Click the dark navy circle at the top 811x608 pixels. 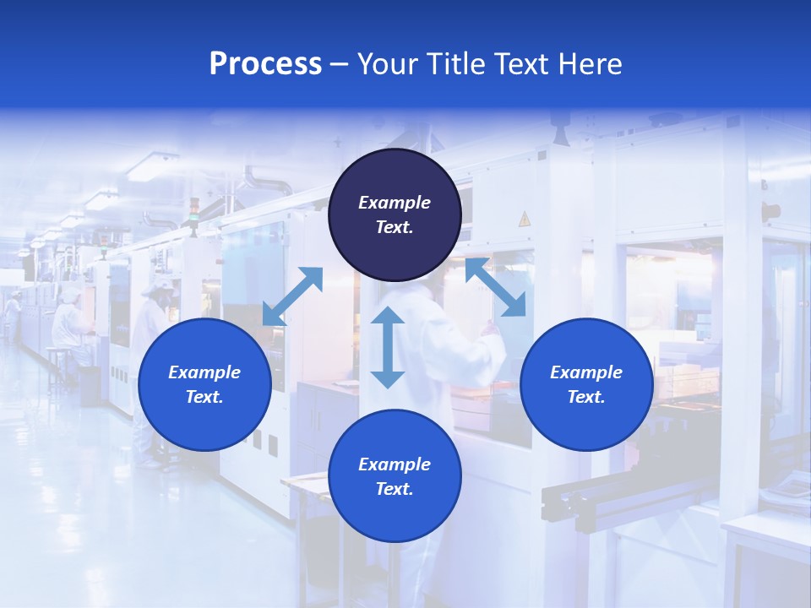coord(395,215)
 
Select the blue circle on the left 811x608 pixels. coord(204,384)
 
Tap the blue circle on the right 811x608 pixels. coord(586,384)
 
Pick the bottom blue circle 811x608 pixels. coord(395,476)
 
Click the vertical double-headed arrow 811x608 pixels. coord(388,348)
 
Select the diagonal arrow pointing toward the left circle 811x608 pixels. coord(292,296)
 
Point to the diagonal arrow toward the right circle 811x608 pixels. coord(496,288)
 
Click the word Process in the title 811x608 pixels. coord(265,63)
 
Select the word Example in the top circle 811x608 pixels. coord(395,203)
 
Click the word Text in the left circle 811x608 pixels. coord(204,397)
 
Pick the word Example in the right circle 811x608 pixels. coord(586,372)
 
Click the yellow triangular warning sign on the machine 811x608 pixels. coord(524,219)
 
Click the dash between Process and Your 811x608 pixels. coord(340,64)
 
